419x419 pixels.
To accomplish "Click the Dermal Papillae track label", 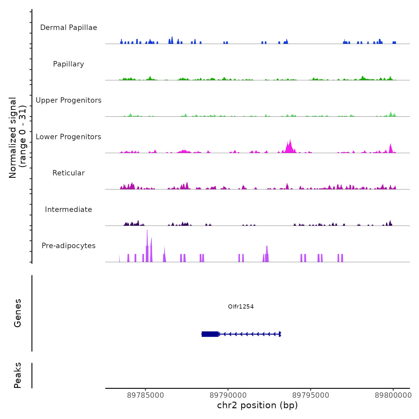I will [x=69, y=28].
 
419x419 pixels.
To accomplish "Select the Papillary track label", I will [x=69, y=64].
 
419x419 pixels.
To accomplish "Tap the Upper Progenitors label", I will [x=69, y=100].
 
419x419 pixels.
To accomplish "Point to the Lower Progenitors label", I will [x=69, y=137].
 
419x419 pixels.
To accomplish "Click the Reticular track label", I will [x=69, y=173].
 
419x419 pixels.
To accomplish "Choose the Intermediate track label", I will [x=69, y=209].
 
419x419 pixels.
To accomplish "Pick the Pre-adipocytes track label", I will [x=69, y=246].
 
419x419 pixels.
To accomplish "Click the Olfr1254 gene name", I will [x=241, y=306].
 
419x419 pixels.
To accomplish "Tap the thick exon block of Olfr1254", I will [x=210, y=334].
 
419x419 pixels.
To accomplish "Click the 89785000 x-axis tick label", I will [x=145, y=395].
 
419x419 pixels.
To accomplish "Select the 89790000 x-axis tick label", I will [x=228, y=395].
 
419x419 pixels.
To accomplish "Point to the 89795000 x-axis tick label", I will [x=311, y=395].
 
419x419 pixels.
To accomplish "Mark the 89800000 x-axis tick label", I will [x=393, y=395].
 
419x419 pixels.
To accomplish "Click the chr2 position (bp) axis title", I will [x=257, y=406].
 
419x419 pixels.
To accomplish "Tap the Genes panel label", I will [x=18, y=313].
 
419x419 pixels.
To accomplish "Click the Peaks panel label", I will [x=18, y=375].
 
